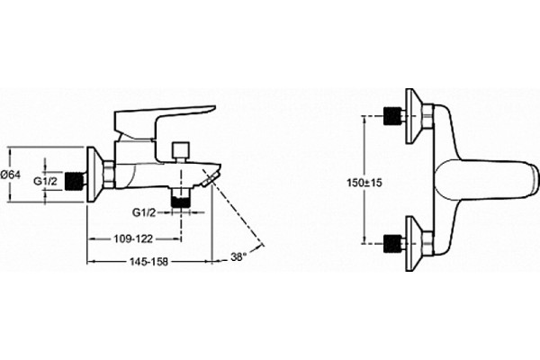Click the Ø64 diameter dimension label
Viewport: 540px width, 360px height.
point(11,175)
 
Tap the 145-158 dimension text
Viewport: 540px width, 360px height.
point(148,262)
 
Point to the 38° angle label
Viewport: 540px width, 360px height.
point(238,256)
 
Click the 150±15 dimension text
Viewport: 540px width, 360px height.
point(364,183)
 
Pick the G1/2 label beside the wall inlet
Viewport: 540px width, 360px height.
point(45,181)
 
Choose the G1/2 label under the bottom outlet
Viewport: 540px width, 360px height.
point(144,212)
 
